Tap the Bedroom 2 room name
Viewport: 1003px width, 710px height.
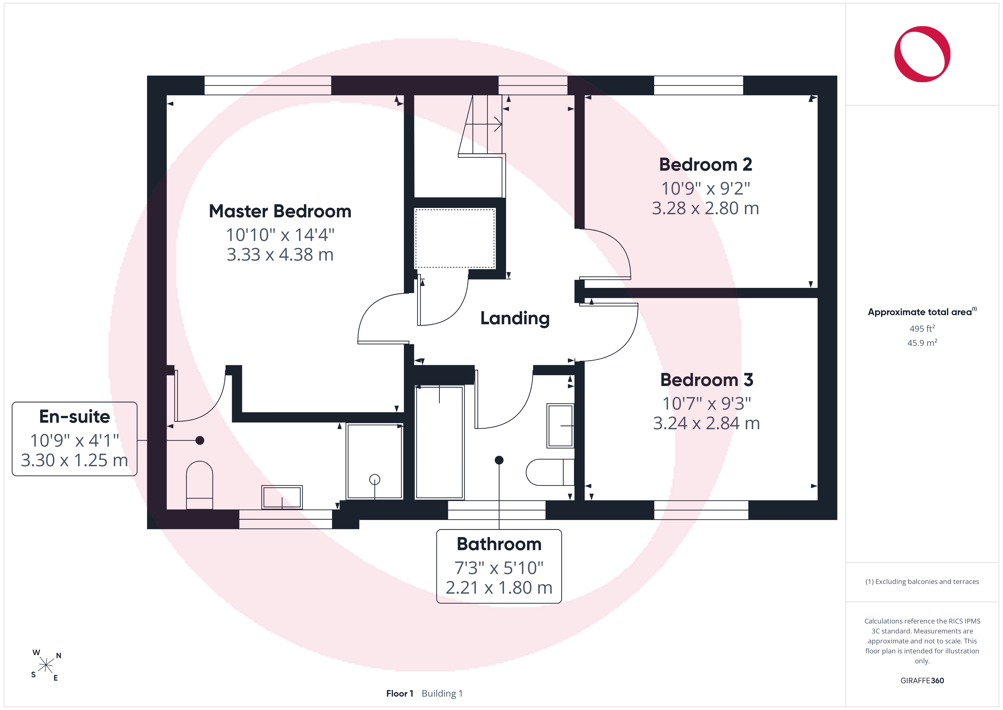[x=706, y=165]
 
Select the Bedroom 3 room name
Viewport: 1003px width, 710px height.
[x=706, y=380]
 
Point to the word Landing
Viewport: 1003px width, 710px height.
[x=515, y=319]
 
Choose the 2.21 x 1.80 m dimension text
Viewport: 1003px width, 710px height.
[x=499, y=588]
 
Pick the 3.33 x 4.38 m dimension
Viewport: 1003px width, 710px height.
[x=280, y=255]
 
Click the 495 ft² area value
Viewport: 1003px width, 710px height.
[x=922, y=328]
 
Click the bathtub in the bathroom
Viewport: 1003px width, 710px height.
[x=440, y=442]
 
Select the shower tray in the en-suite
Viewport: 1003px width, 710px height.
[x=374, y=461]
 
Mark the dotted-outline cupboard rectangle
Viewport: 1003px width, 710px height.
[x=455, y=238]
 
